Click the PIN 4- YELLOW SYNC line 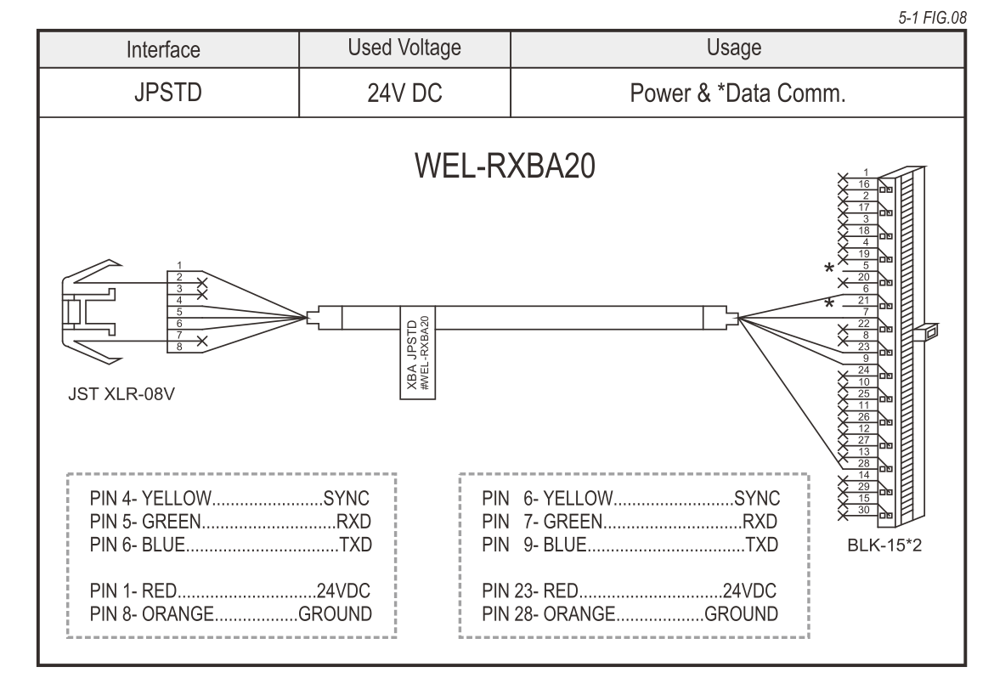click(230, 498)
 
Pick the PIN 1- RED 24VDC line click(230, 591)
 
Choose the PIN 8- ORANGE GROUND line click(230, 613)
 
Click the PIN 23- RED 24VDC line click(629, 591)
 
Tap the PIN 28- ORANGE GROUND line click(629, 613)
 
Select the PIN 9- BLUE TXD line click(629, 544)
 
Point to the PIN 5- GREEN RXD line click(230, 521)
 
